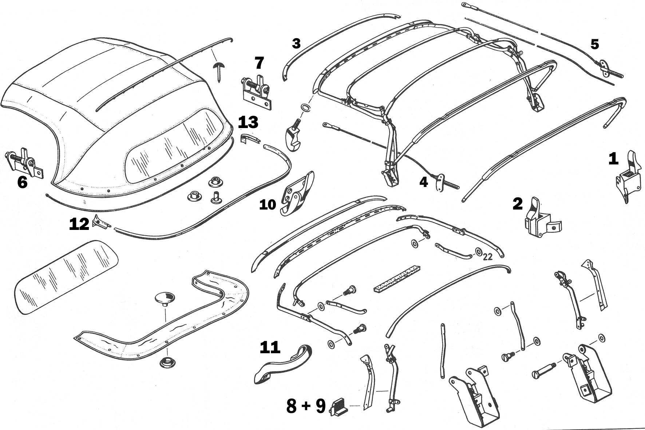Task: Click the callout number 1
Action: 613,159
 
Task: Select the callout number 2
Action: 517,204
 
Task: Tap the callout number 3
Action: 296,44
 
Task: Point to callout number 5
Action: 594,44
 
